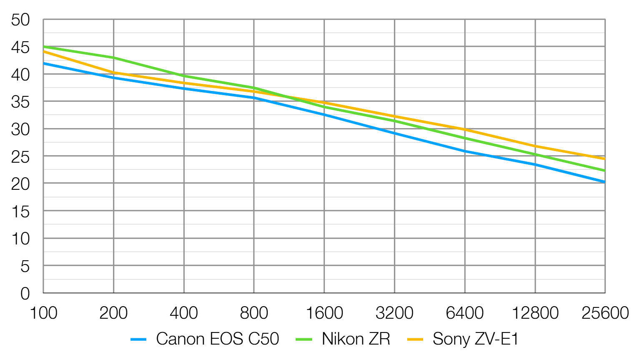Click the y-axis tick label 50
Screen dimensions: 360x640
pyautogui.click(x=20, y=20)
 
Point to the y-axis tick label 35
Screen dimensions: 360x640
pyautogui.click(x=20, y=102)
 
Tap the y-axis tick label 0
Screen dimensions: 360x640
pyautogui.click(x=25, y=294)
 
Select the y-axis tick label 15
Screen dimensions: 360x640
pyautogui.click(x=20, y=211)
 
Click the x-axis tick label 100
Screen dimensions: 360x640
pyautogui.click(x=43, y=313)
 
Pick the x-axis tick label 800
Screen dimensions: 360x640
pyautogui.click(x=254, y=313)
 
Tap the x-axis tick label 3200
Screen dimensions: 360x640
pyautogui.click(x=394, y=313)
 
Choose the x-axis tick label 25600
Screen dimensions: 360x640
pyautogui.click(x=605, y=313)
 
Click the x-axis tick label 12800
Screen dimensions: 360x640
pyautogui.click(x=535, y=313)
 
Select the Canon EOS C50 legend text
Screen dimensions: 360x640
pyautogui.click(x=217, y=339)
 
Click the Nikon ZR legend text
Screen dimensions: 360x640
pyautogui.click(x=356, y=339)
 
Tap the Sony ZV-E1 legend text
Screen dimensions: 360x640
pyautogui.click(x=475, y=339)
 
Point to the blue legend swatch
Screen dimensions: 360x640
pyautogui.click(x=138, y=340)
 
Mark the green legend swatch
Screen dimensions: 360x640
pyautogui.click(x=304, y=340)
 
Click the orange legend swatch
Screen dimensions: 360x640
pyautogui.click(x=415, y=340)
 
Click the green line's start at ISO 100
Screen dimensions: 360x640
pyautogui.click(x=43, y=46)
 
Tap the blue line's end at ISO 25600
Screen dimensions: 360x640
pyautogui.click(x=605, y=182)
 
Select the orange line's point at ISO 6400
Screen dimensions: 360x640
pyautogui.click(x=465, y=129)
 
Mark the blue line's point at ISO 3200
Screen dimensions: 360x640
pyautogui.click(x=394, y=133)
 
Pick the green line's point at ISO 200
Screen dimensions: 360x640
pyautogui.click(x=113, y=58)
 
